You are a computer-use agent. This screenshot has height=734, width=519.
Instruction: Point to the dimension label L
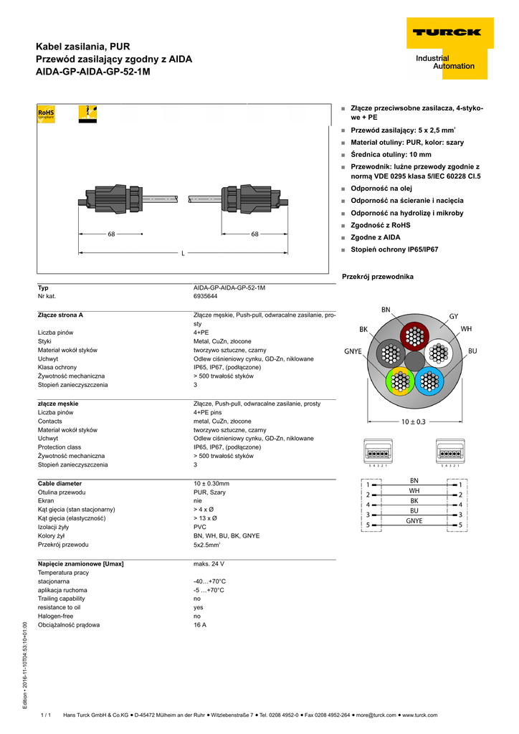tap(182, 253)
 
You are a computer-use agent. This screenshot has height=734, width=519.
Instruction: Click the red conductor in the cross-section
tap(413, 335)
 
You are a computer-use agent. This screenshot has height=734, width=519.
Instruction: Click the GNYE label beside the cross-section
tap(353, 351)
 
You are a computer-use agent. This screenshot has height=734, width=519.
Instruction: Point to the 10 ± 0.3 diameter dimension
tap(413, 422)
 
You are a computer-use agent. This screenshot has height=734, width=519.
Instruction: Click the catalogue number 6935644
tap(206, 296)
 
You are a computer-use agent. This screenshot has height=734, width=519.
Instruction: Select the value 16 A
tap(200, 625)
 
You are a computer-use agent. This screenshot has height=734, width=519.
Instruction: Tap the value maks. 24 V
tap(209, 564)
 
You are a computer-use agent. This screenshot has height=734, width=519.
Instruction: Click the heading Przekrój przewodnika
tap(378, 277)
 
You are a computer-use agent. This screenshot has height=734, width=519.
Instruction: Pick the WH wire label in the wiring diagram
tap(414, 490)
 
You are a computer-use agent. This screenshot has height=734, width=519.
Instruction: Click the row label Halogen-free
tap(55, 616)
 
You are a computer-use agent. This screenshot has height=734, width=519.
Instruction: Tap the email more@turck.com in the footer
tap(376, 715)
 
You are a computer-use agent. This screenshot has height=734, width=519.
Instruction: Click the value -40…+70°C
tap(209, 581)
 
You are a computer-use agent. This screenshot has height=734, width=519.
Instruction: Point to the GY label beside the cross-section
tap(453, 316)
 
